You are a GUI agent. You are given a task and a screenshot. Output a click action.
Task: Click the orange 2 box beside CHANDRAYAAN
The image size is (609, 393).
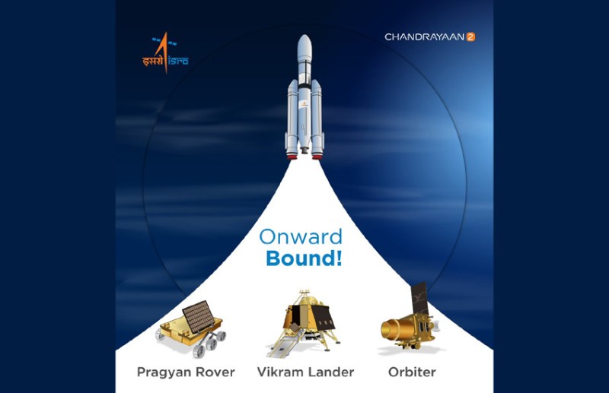470,36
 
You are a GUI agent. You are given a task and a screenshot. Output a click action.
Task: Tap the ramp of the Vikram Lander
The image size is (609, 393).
279,347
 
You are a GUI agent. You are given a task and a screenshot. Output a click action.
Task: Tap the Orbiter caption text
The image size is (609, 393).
410,372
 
